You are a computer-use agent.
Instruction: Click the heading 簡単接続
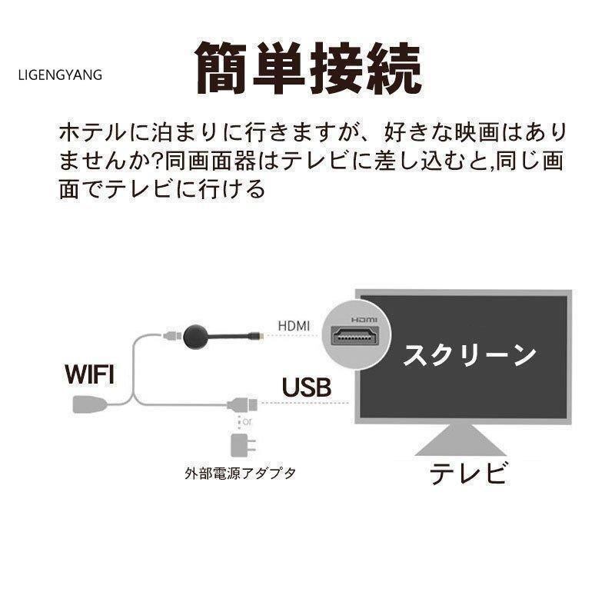click(307, 69)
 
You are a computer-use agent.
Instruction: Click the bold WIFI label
click(88, 374)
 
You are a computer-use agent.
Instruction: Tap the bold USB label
click(306, 387)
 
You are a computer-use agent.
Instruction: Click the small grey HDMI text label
click(294, 326)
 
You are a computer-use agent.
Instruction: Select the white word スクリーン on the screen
click(469, 355)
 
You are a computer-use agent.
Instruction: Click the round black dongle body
click(196, 335)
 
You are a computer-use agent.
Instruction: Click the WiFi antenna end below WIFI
click(86, 404)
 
